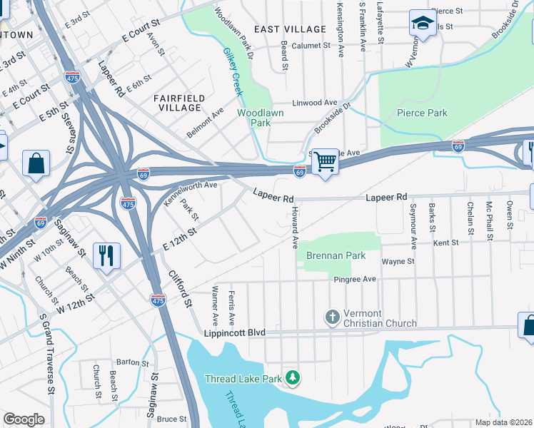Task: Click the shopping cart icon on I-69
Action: pyautogui.click(x=325, y=162)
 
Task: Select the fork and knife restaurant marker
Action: pyautogui.click(x=106, y=255)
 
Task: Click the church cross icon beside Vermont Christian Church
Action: pyautogui.click(x=332, y=317)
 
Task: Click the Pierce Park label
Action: pyautogui.click(x=423, y=113)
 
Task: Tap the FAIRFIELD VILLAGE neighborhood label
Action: pyautogui.click(x=179, y=102)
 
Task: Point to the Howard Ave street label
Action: pyautogui.click(x=293, y=228)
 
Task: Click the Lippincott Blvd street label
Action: pyautogui.click(x=235, y=332)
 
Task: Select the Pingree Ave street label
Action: pyautogui.click(x=355, y=280)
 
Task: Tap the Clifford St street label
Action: pyautogui.click(x=181, y=288)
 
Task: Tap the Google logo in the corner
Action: pyautogui.click(x=24, y=419)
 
